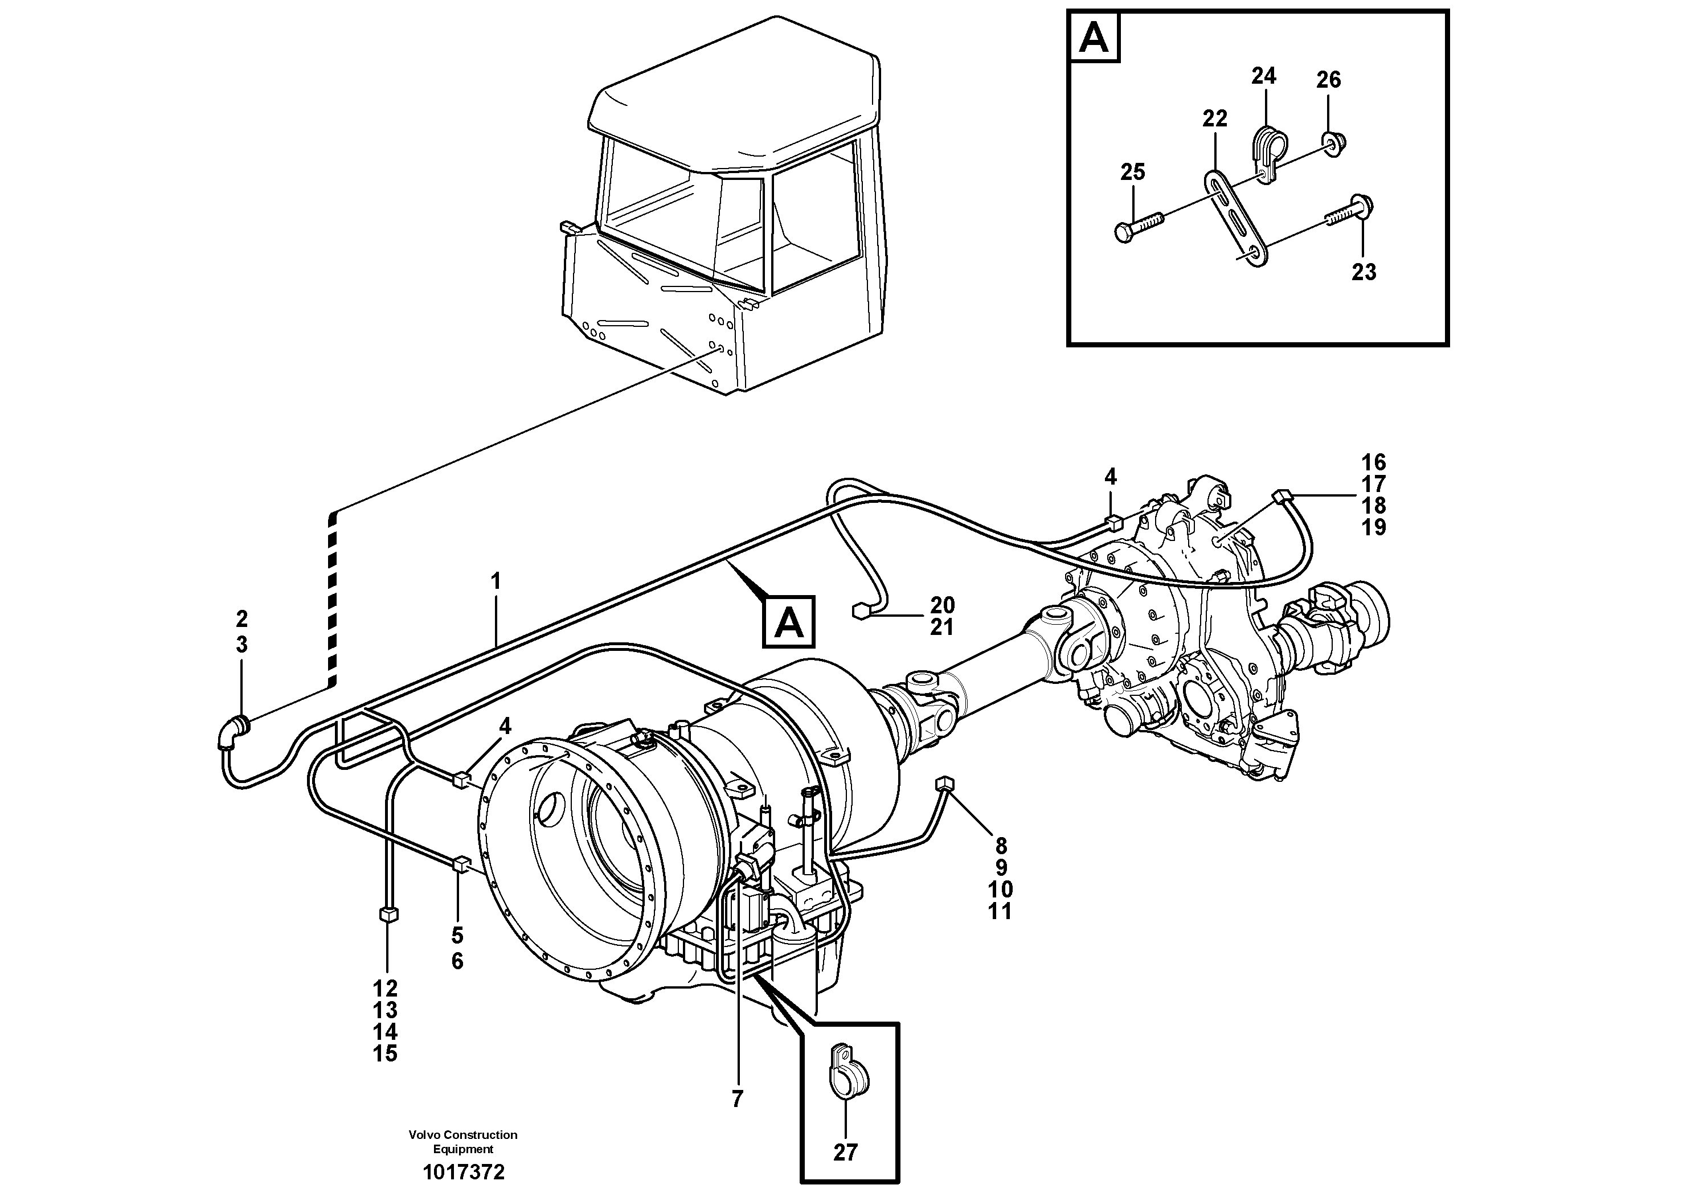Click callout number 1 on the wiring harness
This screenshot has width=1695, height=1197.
(x=496, y=581)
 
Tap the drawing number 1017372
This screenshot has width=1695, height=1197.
(x=463, y=1172)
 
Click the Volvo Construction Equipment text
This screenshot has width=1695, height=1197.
(x=463, y=1141)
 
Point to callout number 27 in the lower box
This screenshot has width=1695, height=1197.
(x=845, y=1152)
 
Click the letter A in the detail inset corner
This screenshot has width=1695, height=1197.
(x=1094, y=38)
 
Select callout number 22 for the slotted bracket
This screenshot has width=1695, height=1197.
(x=1214, y=118)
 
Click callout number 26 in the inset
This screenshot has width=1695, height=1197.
(x=1328, y=80)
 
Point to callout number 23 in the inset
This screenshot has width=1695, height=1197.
(x=1364, y=272)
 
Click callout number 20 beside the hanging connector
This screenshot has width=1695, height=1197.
(x=943, y=605)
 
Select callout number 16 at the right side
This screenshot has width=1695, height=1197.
(x=1374, y=463)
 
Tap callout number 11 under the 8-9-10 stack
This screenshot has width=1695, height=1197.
(x=1000, y=911)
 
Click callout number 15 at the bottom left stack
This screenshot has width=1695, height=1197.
(x=386, y=1054)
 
